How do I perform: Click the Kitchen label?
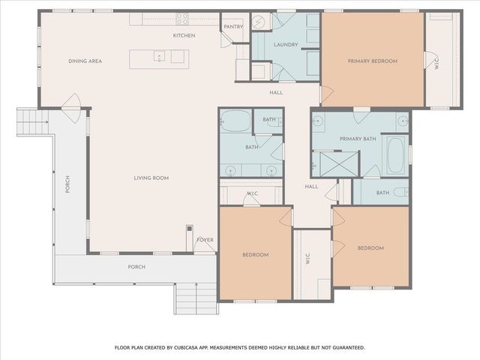click(184, 35)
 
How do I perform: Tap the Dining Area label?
click(85, 61)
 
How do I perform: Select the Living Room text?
click(151, 178)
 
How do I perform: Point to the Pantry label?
click(233, 27)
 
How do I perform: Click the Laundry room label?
click(286, 45)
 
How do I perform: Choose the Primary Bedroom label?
click(373, 61)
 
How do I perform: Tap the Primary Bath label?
click(358, 139)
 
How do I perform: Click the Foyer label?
click(205, 240)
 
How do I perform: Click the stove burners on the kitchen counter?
click(182, 19)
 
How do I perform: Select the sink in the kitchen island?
click(159, 56)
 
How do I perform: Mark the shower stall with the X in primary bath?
click(338, 164)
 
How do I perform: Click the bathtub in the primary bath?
click(395, 155)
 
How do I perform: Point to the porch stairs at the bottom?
click(196, 298)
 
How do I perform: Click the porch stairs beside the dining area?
click(32, 122)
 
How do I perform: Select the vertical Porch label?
click(67, 184)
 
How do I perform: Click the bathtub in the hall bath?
click(235, 121)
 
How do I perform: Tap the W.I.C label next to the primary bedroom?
click(436, 65)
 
